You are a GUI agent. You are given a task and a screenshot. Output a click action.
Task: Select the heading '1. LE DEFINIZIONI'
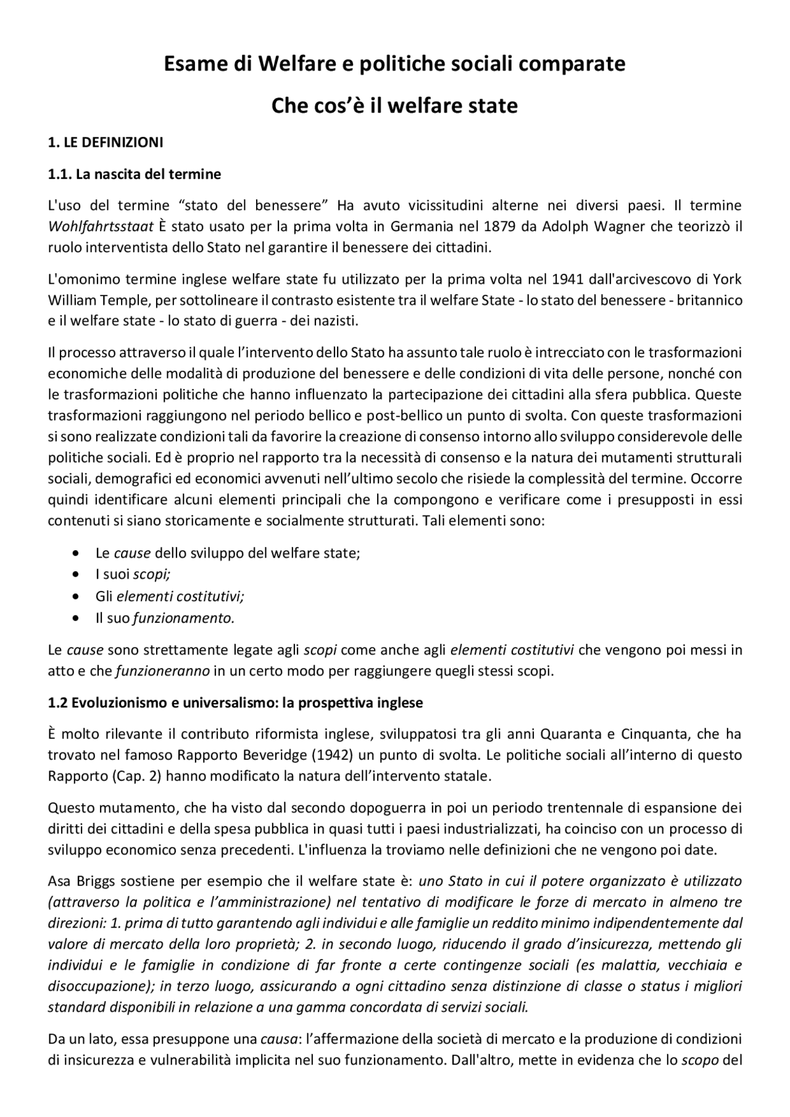click(106, 143)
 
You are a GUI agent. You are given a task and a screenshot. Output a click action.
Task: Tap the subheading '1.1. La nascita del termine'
click(134, 174)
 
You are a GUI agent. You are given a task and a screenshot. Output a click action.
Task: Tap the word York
click(728, 279)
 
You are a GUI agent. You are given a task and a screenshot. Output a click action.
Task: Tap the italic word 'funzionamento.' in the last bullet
click(184, 618)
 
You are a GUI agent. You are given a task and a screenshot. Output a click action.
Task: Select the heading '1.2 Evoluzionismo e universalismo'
click(235, 703)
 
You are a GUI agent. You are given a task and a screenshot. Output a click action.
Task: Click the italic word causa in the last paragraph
click(278, 1039)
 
